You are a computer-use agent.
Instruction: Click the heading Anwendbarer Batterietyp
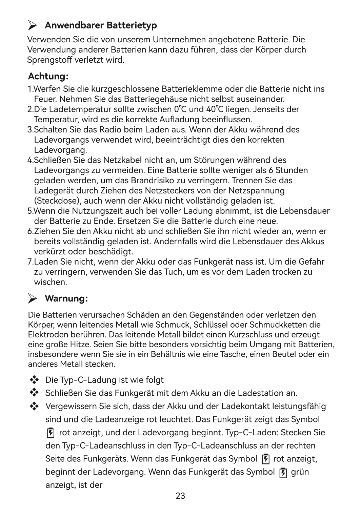(101, 26)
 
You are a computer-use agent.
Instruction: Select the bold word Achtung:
(48, 76)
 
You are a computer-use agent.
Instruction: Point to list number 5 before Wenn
(29, 211)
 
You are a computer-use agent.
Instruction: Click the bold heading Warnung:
(66, 298)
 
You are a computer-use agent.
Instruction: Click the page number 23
(180, 496)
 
